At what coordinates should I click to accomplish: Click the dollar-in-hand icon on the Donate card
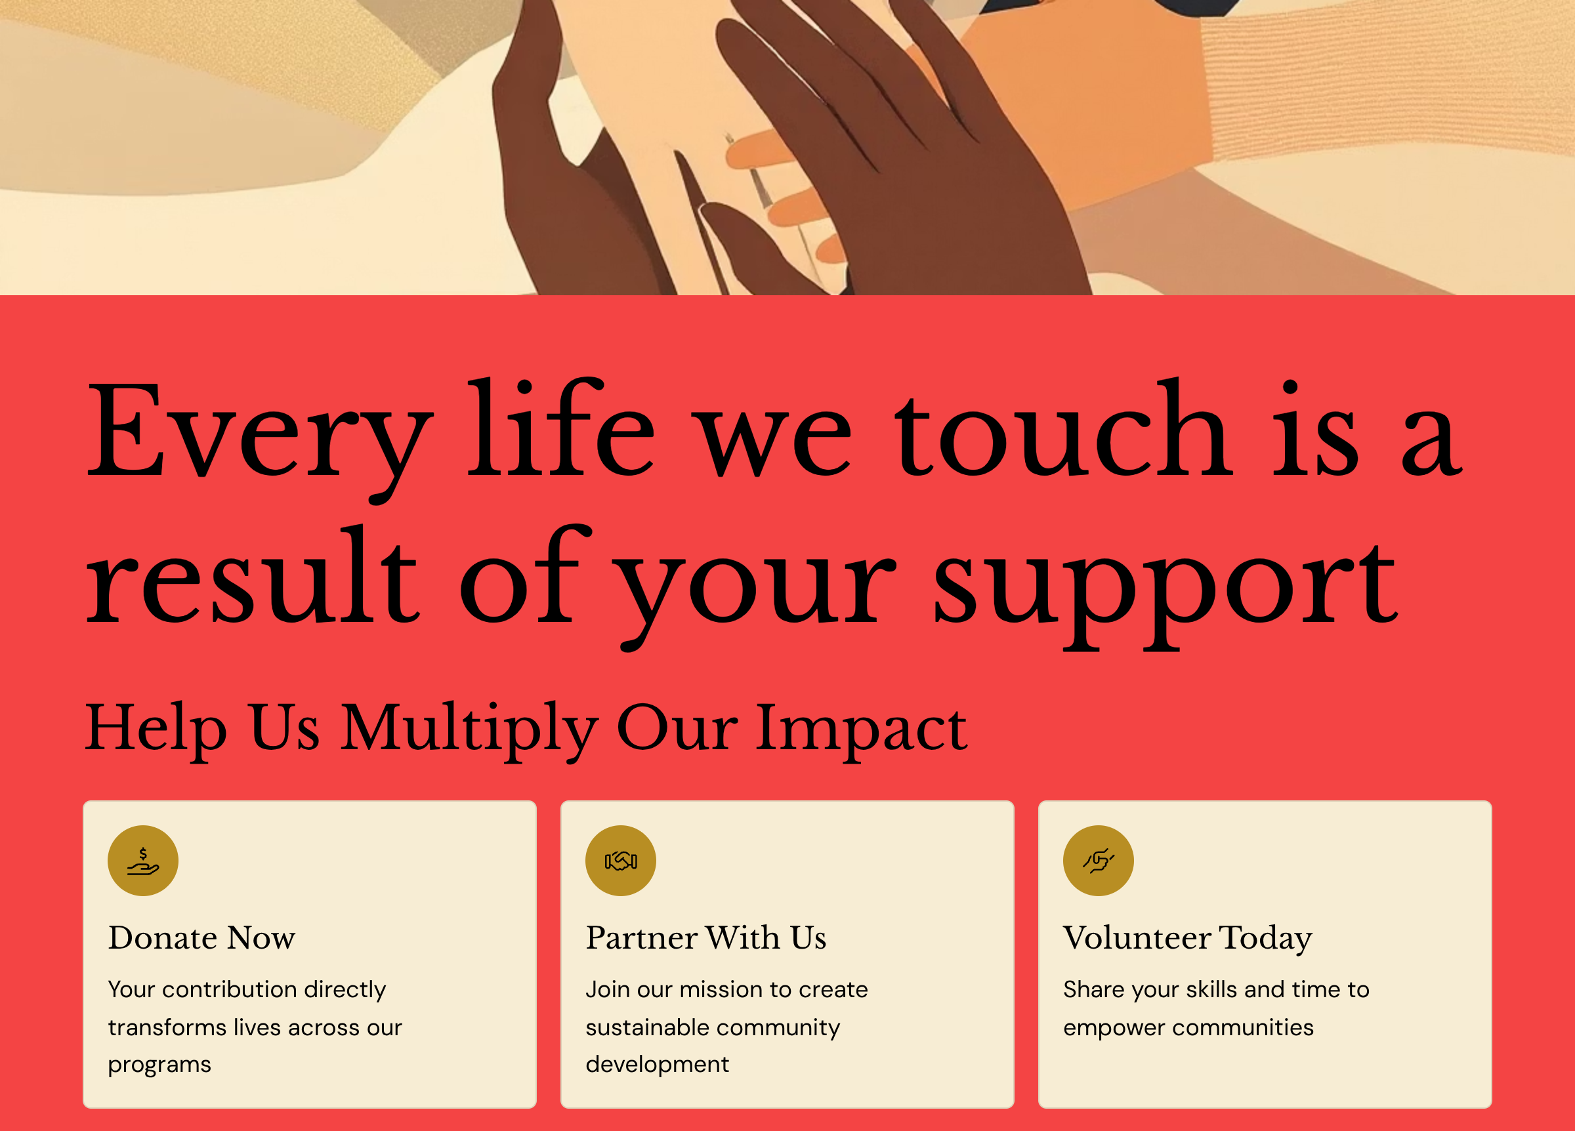(143, 861)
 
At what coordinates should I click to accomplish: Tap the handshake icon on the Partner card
(621, 861)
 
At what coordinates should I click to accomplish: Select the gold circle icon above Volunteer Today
(1099, 861)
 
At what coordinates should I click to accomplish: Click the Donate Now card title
(202, 938)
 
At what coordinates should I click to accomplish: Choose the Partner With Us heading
(706, 938)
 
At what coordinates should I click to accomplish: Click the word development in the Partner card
(658, 1065)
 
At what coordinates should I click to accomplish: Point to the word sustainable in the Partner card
(642, 1027)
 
